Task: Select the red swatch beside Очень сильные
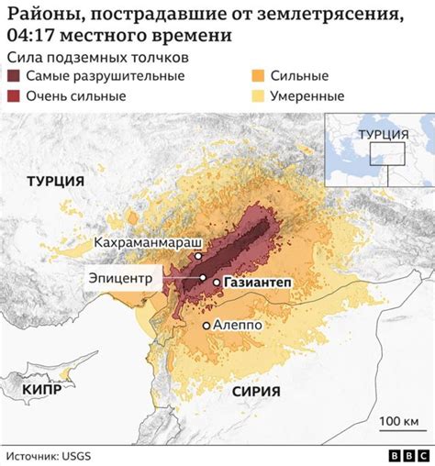click(x=16, y=96)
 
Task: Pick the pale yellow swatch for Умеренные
click(x=259, y=96)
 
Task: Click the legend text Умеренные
click(x=307, y=96)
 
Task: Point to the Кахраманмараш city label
click(x=147, y=242)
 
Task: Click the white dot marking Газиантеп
click(x=217, y=283)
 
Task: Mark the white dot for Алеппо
click(x=207, y=325)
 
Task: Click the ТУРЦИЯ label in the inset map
click(x=384, y=134)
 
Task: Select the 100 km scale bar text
click(x=397, y=420)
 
